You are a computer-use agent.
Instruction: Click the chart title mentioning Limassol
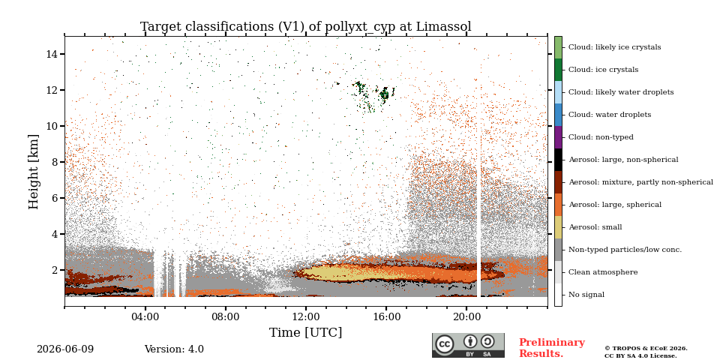tap(306, 27)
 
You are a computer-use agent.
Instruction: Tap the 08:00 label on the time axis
tap(226, 316)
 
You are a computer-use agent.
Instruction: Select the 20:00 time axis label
tap(466, 316)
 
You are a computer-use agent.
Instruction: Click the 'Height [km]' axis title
tap(34, 172)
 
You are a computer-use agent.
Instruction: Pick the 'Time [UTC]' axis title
tap(306, 332)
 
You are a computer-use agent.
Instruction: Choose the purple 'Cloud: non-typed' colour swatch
tap(558, 137)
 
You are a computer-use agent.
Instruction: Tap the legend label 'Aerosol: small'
tap(595, 227)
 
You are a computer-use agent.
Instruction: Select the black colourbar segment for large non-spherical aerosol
tap(558, 160)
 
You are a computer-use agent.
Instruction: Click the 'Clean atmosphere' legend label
tap(603, 272)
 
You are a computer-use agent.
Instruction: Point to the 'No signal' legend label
tap(586, 295)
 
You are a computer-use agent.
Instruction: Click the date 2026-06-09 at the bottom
tap(65, 349)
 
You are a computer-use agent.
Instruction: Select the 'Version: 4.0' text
tap(174, 349)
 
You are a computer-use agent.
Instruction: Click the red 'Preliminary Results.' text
tap(552, 348)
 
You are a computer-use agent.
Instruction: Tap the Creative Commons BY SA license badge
tap(468, 345)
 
